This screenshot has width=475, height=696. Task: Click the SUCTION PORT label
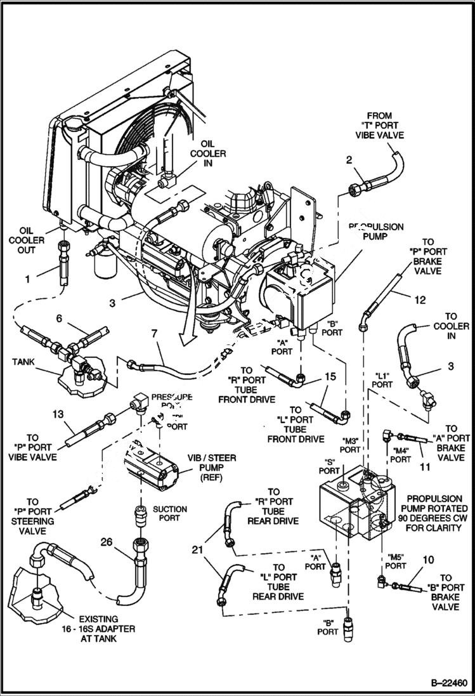coord(170,513)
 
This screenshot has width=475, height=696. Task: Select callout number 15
coord(329,377)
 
